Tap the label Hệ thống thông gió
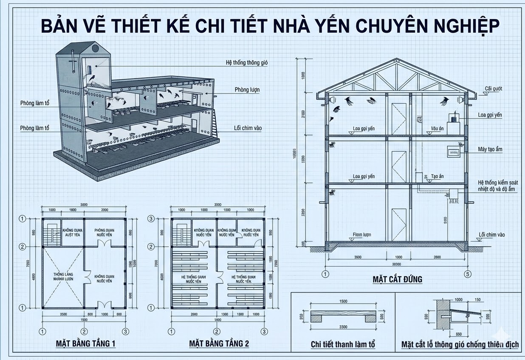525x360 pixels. pyautogui.click(x=247, y=63)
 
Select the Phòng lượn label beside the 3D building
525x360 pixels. pyautogui.click(x=247, y=90)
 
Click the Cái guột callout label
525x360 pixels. pyautogui.click(x=494, y=89)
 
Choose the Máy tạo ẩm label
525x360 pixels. pyautogui.click(x=490, y=149)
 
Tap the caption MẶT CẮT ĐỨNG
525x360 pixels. pyautogui.click(x=397, y=279)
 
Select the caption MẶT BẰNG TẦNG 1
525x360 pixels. pyautogui.click(x=85, y=343)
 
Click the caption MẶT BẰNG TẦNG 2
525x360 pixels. pyautogui.click(x=219, y=343)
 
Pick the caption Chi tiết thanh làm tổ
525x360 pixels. pyautogui.click(x=343, y=344)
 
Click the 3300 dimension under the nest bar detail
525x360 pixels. pyautogui.click(x=343, y=327)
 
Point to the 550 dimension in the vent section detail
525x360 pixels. pyautogui.click(x=446, y=335)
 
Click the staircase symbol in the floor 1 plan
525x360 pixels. pyautogui.click(x=53, y=233)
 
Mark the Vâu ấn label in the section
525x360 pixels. pyautogui.click(x=437, y=128)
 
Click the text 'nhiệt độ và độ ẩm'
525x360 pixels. pyautogui.click(x=497, y=189)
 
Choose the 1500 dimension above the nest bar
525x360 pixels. pyautogui.click(x=343, y=302)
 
